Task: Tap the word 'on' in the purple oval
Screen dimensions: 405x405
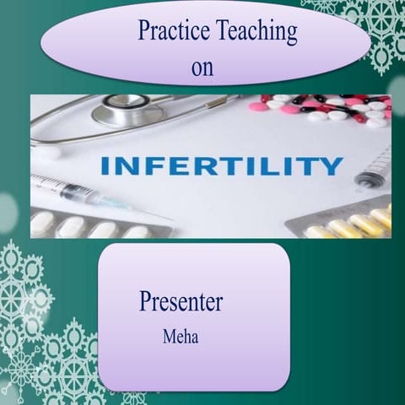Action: [x=202, y=67]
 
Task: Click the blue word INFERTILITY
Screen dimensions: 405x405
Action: [x=221, y=165]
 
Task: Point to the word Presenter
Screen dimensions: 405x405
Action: [x=181, y=301]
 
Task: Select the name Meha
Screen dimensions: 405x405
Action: [x=180, y=336]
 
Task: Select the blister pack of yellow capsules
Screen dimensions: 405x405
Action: [x=346, y=223]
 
